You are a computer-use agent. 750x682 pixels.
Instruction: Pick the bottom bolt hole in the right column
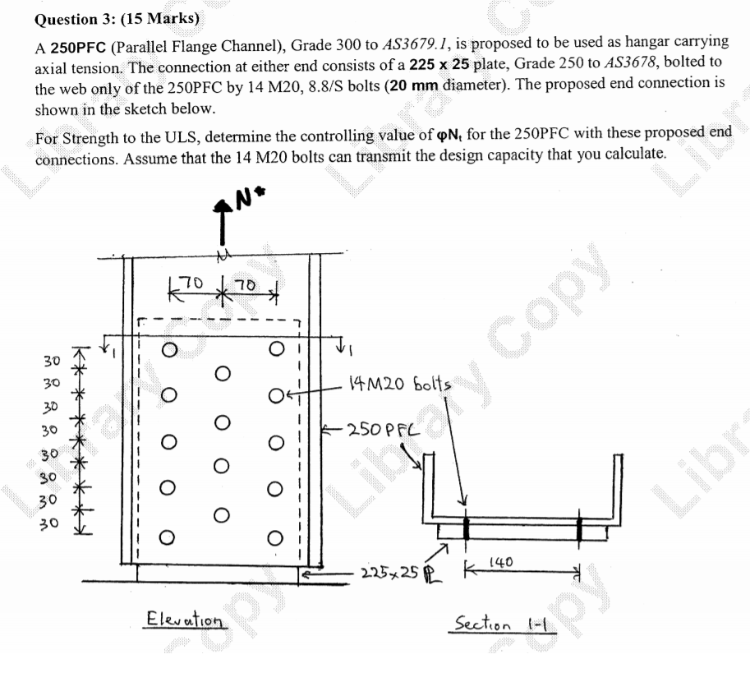(x=276, y=539)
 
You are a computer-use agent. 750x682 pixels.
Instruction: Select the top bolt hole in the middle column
(x=221, y=374)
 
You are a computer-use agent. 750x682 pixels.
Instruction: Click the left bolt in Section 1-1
(x=466, y=526)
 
